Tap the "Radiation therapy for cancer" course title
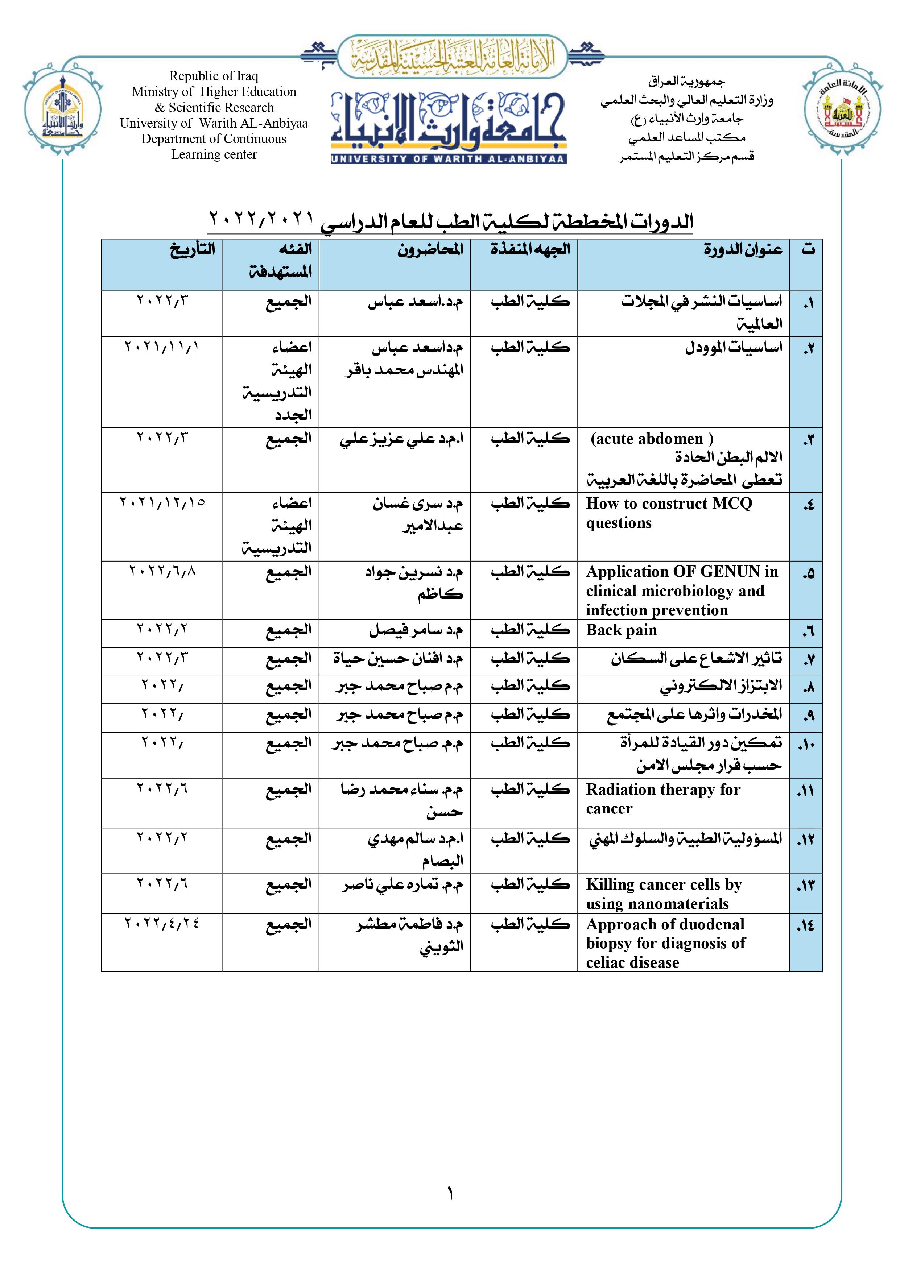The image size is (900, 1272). [663, 799]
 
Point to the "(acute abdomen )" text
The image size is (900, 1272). [652, 439]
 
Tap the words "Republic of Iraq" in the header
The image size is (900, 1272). [213, 76]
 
